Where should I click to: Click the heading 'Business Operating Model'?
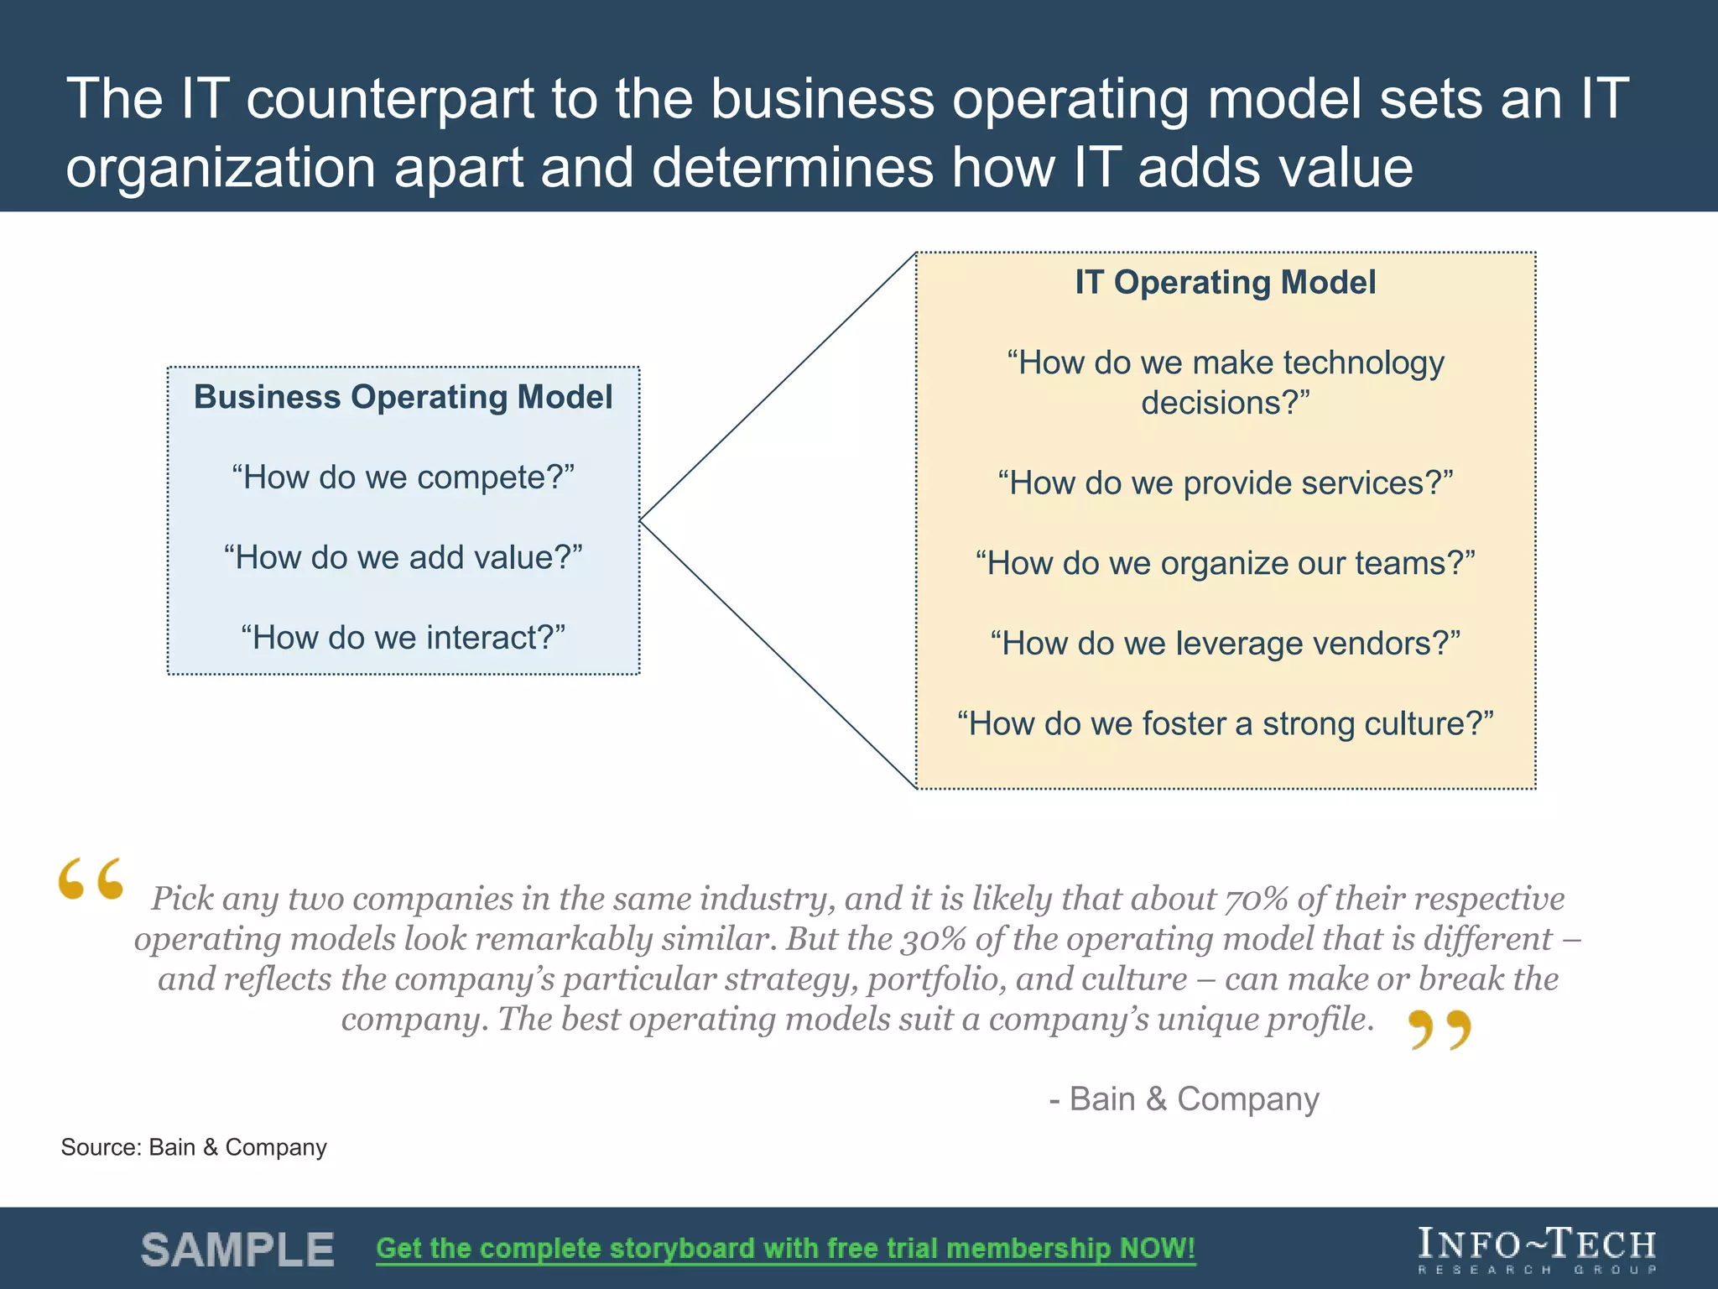pos(403,397)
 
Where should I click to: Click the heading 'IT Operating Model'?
pos(1225,283)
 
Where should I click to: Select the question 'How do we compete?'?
pos(403,478)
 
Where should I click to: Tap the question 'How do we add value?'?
pos(403,557)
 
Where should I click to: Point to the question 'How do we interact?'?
pos(403,638)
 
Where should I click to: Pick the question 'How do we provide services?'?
pos(1225,483)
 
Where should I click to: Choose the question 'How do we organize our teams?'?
pos(1225,563)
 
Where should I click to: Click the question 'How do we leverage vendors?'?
pos(1225,644)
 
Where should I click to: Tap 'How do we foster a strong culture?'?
pos(1225,723)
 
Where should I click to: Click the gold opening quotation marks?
pos(91,879)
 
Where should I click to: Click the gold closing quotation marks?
pos(1439,1030)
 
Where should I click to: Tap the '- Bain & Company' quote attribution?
pos(1184,1099)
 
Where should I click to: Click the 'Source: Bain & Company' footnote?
pos(194,1147)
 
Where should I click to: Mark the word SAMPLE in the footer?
pos(237,1250)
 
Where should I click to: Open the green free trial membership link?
pos(785,1249)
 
